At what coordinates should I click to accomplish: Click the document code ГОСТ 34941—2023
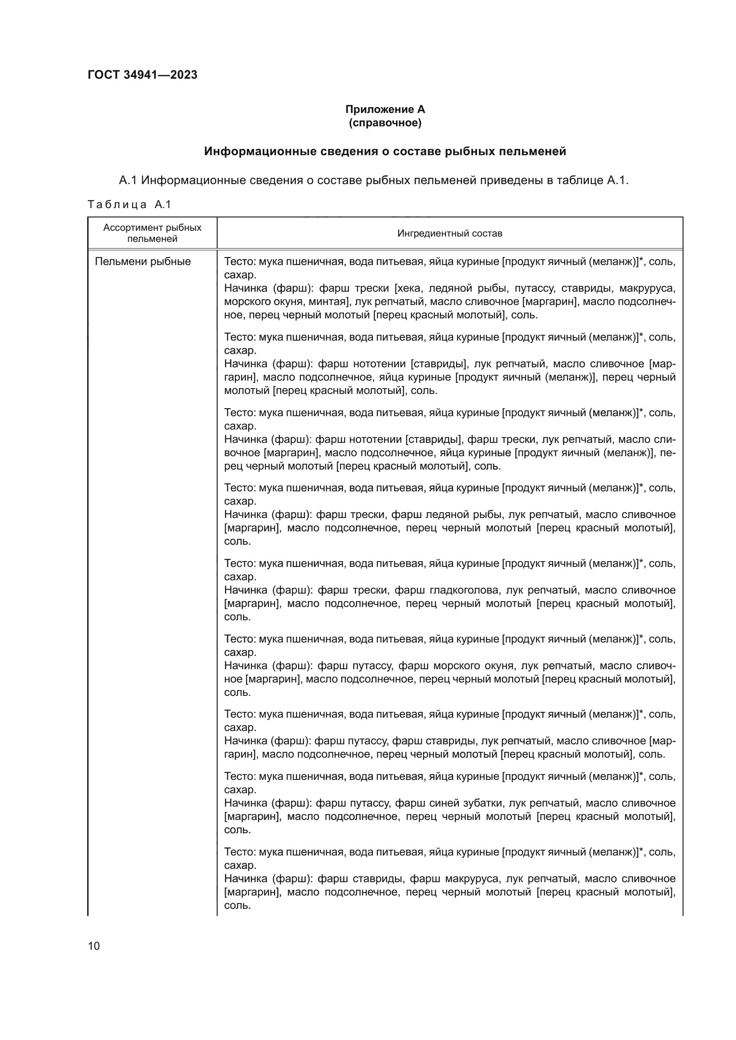(142, 75)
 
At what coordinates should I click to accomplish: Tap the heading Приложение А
(385, 109)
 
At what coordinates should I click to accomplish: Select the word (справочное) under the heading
(385, 123)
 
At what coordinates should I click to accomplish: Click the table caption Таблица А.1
(129, 205)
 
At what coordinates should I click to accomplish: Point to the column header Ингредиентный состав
(449, 233)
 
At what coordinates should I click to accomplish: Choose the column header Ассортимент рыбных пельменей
(152, 233)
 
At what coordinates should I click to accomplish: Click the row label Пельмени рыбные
(143, 261)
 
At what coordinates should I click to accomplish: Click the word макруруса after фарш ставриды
(473, 879)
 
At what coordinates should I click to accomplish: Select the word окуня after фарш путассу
(499, 666)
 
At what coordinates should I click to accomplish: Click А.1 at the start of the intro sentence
(128, 180)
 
